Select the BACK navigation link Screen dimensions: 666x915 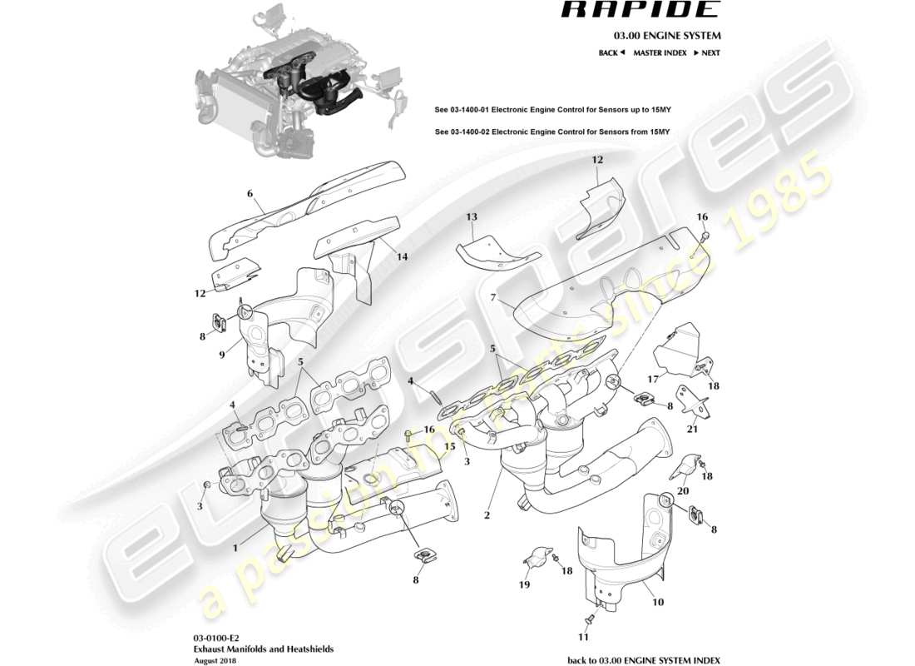click(611, 52)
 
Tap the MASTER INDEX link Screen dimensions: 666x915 click(660, 52)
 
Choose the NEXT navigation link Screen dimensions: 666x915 click(707, 52)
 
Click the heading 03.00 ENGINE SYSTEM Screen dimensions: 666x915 click(667, 36)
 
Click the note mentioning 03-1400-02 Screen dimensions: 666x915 click(552, 132)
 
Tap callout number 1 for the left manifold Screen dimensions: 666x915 click(235, 548)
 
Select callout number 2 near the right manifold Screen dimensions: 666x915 click(487, 516)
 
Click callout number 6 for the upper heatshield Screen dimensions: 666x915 click(250, 194)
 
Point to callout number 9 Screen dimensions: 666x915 click(222, 355)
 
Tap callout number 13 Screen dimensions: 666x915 click(472, 217)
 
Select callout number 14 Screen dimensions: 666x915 click(402, 256)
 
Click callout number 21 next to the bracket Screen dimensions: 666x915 click(692, 430)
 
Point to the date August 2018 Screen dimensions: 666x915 click(215, 660)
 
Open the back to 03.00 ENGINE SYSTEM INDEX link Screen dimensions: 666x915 click(644, 659)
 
